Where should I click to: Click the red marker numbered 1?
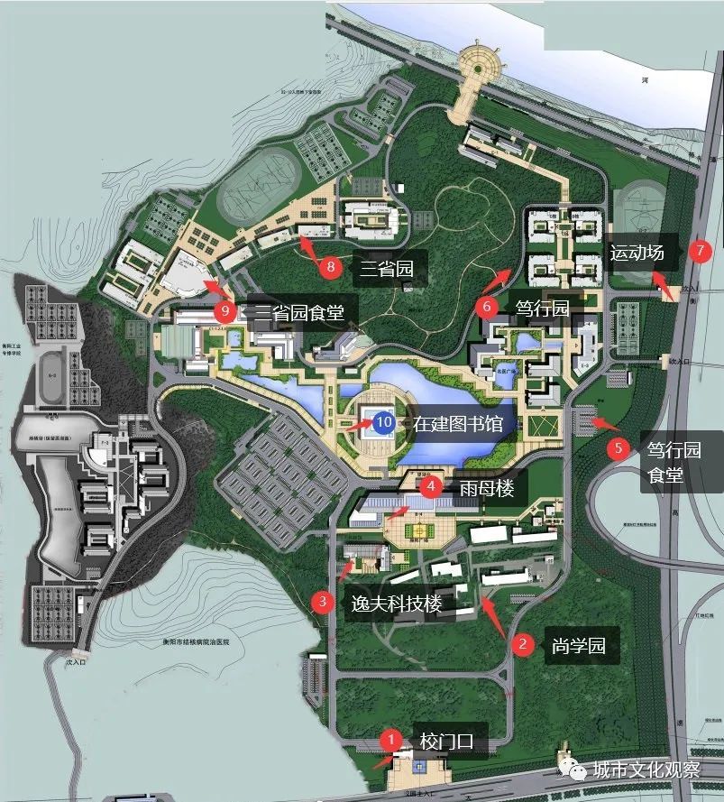390,740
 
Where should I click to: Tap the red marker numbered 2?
521,644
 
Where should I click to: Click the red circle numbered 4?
432,486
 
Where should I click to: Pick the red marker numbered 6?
488,306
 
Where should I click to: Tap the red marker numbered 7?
700,251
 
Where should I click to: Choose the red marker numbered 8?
331,265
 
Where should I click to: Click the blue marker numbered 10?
384,421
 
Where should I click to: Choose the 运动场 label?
636,252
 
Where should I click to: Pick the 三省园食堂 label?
302,313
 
